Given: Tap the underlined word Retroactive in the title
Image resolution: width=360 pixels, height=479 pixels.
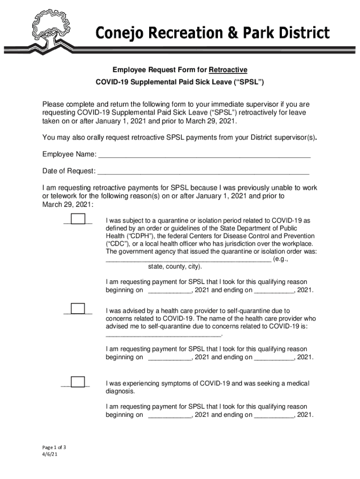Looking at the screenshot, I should (228, 70).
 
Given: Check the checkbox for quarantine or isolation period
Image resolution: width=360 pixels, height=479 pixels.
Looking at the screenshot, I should (78, 219).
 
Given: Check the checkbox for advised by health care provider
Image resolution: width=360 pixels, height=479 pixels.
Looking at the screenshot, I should (78, 309).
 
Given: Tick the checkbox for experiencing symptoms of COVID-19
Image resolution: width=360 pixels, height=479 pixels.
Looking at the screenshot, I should (78, 382).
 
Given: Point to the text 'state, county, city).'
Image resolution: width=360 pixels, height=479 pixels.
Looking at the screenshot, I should (175, 267).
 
